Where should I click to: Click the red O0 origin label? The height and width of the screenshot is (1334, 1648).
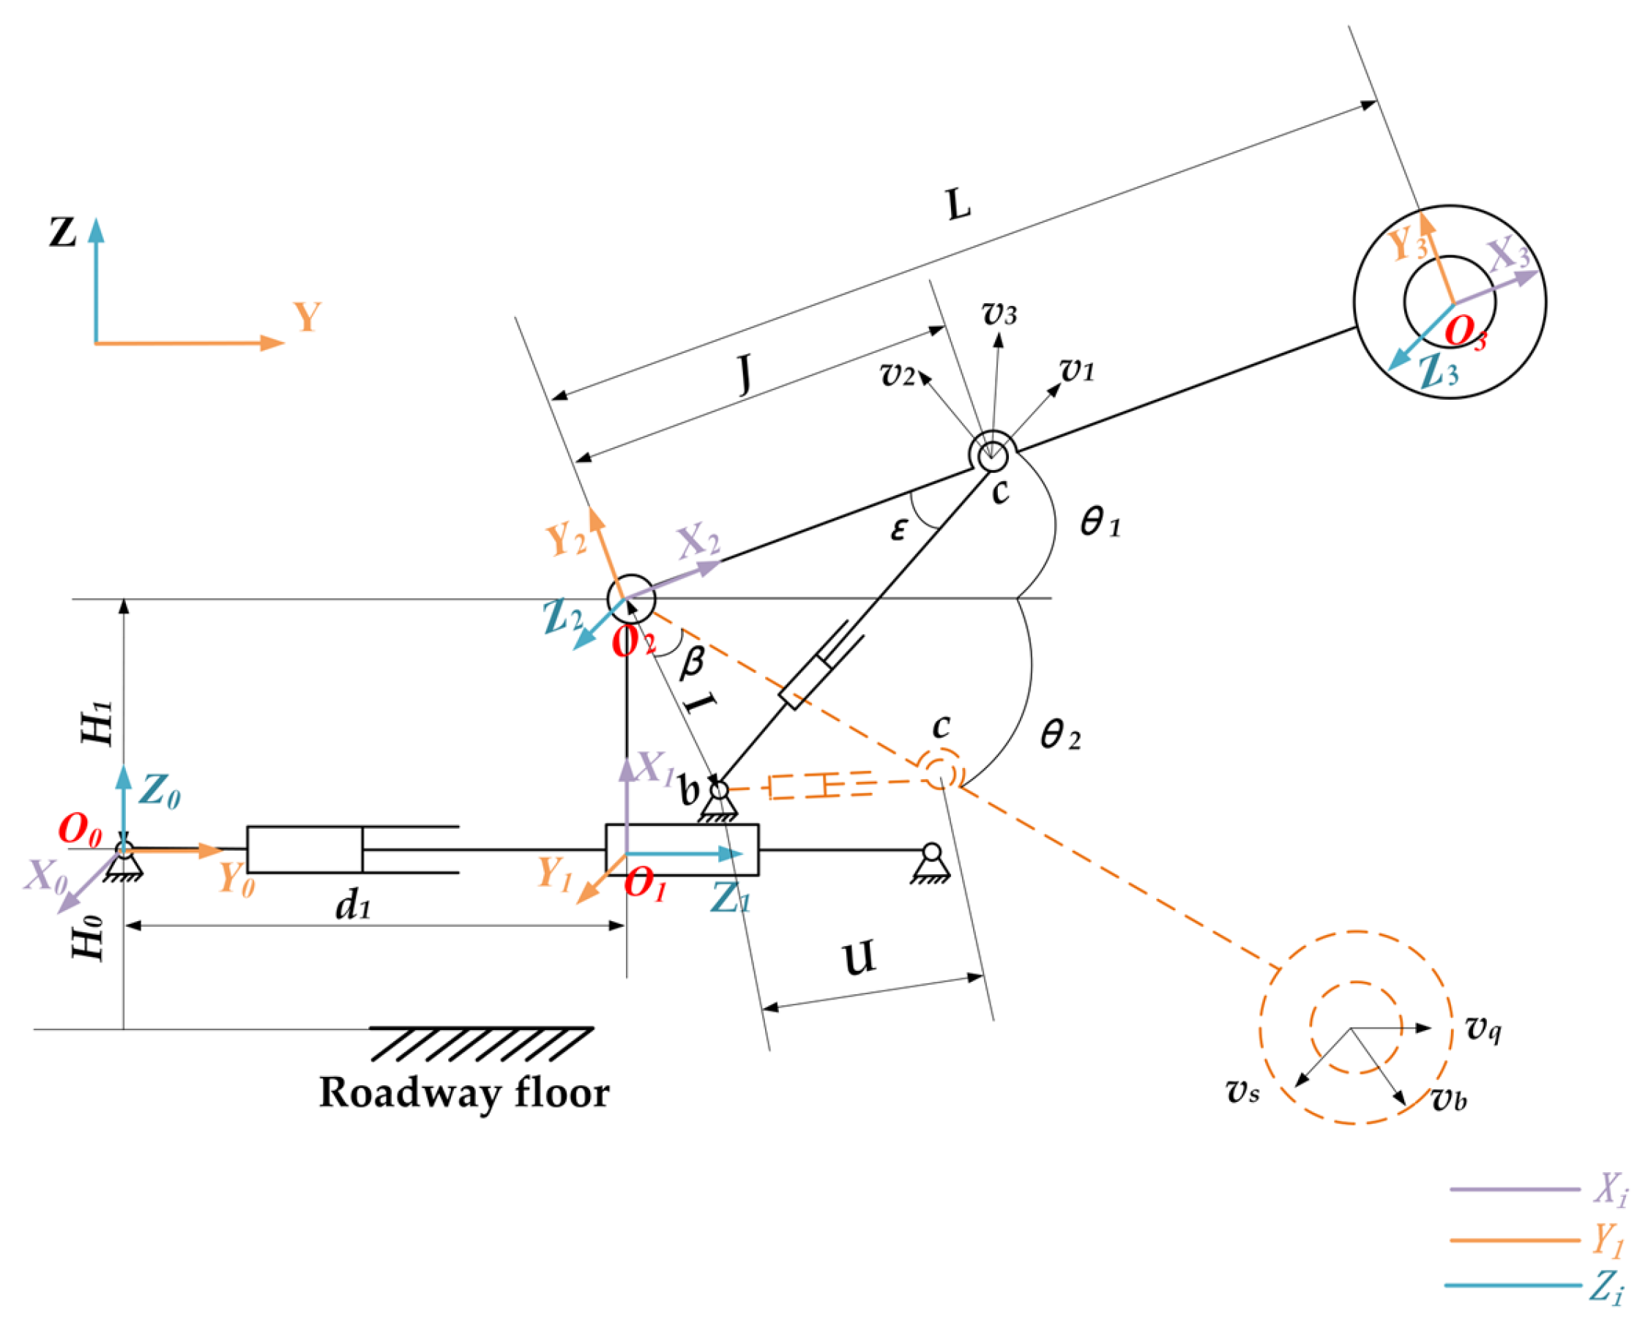pos(80,829)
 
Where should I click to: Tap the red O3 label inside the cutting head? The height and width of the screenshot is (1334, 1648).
pos(1464,332)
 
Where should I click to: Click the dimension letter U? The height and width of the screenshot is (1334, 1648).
pos(859,958)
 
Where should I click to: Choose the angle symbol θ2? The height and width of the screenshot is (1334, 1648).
pos(1060,736)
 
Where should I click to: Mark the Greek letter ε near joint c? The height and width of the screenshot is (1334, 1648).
pos(898,529)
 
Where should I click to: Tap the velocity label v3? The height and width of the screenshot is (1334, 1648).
pos(999,313)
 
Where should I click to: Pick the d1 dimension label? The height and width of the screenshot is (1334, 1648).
pos(353,906)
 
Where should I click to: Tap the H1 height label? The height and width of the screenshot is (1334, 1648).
pos(98,724)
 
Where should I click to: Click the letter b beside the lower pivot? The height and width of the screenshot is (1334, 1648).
pos(689,789)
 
